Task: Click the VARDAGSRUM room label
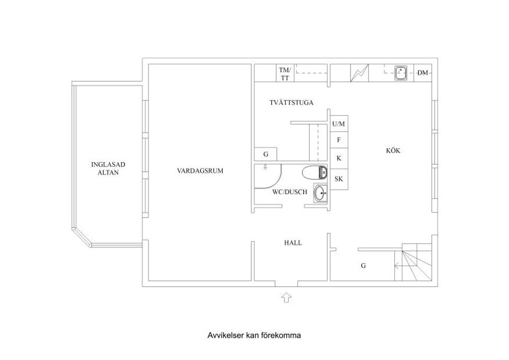[x=200, y=171]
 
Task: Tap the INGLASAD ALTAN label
[x=108, y=169]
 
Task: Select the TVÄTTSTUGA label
[x=291, y=103]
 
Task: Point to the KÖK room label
[x=393, y=151]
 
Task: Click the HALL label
[x=293, y=243]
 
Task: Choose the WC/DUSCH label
[x=289, y=192]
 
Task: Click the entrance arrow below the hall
[x=286, y=297]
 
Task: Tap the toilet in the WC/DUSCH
[x=314, y=172]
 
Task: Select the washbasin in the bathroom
[x=320, y=193]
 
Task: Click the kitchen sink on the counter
[x=401, y=73]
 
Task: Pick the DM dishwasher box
[x=423, y=73]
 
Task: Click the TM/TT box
[x=285, y=74]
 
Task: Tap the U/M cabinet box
[x=339, y=124]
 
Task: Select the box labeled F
[x=339, y=141]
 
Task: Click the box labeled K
[x=339, y=159]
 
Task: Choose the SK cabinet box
[x=339, y=179]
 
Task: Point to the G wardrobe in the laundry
[x=266, y=154]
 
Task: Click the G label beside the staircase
[x=363, y=266]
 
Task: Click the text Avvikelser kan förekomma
[x=254, y=336]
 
